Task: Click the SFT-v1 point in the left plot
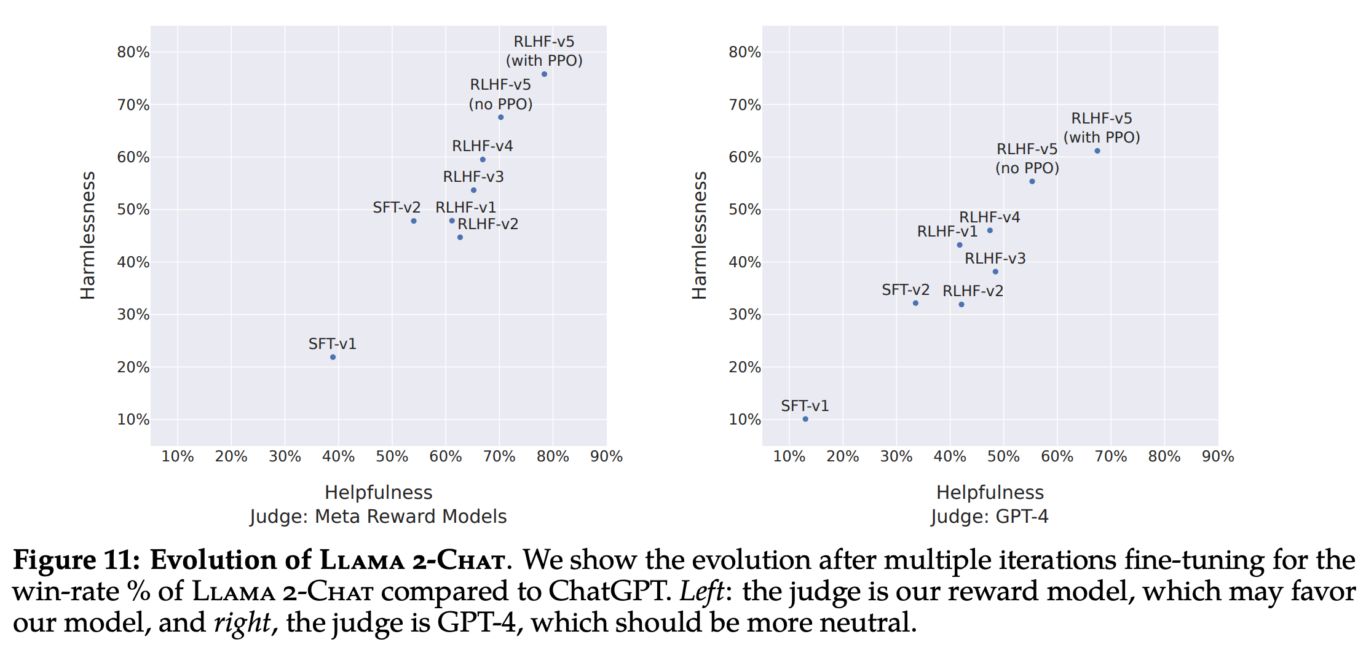(333, 357)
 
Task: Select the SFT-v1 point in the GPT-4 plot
(805, 419)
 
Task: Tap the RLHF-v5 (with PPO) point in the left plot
(544, 74)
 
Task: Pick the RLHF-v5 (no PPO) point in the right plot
(1032, 181)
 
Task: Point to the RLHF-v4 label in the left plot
(482, 146)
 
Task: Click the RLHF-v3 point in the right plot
(995, 272)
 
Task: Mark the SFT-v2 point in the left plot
(414, 221)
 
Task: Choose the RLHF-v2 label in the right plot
(973, 291)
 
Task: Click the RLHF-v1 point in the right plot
(960, 245)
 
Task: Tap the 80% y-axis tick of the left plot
(133, 52)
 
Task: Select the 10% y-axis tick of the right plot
(744, 420)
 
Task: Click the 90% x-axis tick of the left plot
(606, 456)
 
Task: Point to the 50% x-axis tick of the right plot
(1003, 456)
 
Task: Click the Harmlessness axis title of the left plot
(88, 235)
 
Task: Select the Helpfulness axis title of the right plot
(990, 493)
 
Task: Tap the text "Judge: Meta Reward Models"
(378, 517)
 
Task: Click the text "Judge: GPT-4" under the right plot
(990, 517)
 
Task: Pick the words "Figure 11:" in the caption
(77, 560)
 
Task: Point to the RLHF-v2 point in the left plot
(460, 237)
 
